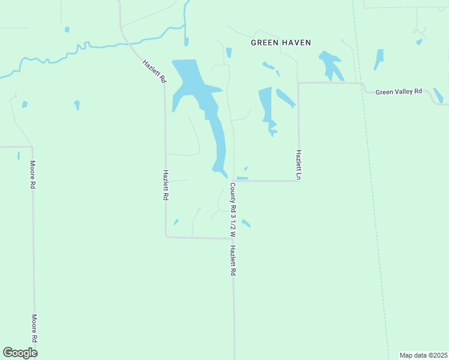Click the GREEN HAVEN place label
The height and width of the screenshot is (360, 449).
point(281,43)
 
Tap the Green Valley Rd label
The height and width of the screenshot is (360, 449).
point(399,92)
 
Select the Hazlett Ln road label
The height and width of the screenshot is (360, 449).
point(298,164)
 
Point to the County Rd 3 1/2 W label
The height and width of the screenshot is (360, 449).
point(232,209)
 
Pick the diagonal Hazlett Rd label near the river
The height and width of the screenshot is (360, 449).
point(154,71)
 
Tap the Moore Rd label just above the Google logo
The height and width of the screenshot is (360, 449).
point(34,329)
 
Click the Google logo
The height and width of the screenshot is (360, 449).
point(20,353)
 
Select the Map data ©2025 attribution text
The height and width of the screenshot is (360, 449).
point(423,355)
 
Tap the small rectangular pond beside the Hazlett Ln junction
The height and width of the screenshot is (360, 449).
point(243,178)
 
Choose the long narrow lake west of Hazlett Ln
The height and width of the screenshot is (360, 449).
point(265,105)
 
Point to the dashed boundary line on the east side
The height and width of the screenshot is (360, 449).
point(372,180)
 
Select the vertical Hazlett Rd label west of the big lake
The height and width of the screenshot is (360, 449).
point(166,185)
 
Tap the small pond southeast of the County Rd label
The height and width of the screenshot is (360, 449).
point(246,223)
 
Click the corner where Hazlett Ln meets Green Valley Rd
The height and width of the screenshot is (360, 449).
point(298,83)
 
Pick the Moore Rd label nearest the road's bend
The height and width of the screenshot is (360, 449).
point(33,175)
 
